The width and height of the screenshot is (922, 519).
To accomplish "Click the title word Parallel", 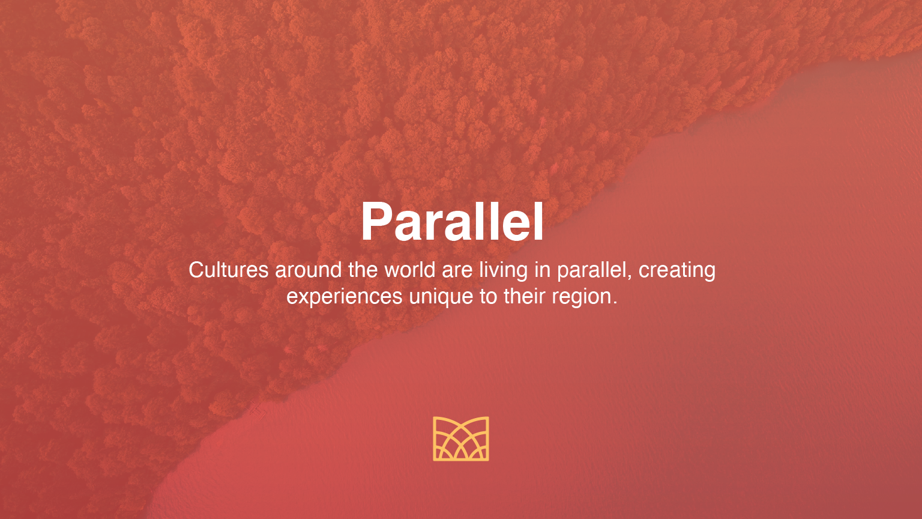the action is pyautogui.click(x=453, y=221).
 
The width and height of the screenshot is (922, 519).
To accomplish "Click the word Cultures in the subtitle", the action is pyautogui.click(x=229, y=270).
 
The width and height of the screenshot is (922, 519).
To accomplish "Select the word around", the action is pyautogui.click(x=309, y=270).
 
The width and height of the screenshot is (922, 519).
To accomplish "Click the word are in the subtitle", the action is pyautogui.click(x=457, y=271).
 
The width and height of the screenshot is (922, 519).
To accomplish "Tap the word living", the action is pyautogui.click(x=503, y=271).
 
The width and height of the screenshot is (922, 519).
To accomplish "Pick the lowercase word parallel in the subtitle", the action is pyautogui.click(x=591, y=271).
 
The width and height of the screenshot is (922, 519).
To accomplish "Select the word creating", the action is pyautogui.click(x=676, y=271).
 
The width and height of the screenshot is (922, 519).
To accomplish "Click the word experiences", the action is pyautogui.click(x=344, y=297).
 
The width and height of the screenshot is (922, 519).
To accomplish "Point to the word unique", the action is pyautogui.click(x=441, y=297).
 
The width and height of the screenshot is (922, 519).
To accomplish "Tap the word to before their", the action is pyautogui.click(x=488, y=297).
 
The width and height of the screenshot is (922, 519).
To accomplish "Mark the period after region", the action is pyautogui.click(x=615, y=303).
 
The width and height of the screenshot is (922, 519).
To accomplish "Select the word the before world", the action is pyautogui.click(x=363, y=270).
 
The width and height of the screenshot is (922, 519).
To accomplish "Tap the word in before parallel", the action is pyautogui.click(x=542, y=270).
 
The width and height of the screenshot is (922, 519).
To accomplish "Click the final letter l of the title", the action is pyautogui.click(x=539, y=221).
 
